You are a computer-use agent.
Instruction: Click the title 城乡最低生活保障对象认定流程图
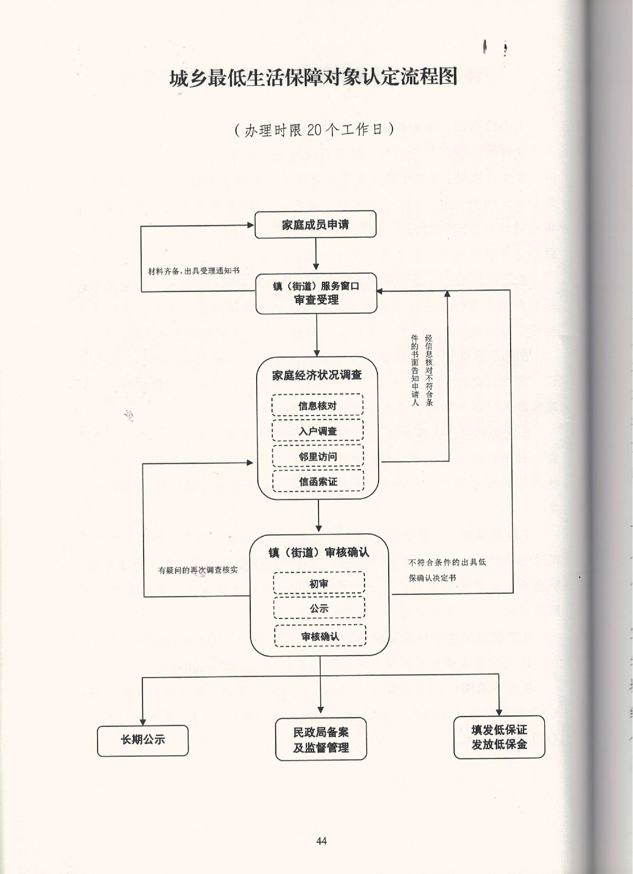tap(313, 78)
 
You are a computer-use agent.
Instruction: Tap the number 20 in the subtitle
tap(314, 129)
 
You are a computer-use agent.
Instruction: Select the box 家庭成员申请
tap(315, 224)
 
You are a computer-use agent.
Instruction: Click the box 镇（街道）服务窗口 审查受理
tap(316, 293)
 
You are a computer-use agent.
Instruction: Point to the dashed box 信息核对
tap(318, 405)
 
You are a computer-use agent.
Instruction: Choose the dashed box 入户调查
tap(318, 431)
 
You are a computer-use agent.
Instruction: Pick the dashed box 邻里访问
tap(318, 456)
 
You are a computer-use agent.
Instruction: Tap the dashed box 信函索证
tap(318, 481)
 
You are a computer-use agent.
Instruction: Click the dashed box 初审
tap(319, 583)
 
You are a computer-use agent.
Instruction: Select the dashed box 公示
tap(319, 608)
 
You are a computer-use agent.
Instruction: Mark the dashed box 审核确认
tap(320, 636)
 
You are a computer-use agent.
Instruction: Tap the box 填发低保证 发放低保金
tap(499, 737)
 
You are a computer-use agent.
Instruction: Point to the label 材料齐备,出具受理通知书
tap(194, 271)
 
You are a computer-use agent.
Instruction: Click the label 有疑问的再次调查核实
tap(198, 570)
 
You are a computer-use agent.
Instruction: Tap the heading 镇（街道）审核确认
tap(319, 553)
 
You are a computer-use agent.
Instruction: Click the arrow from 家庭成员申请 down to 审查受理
tap(316, 254)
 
